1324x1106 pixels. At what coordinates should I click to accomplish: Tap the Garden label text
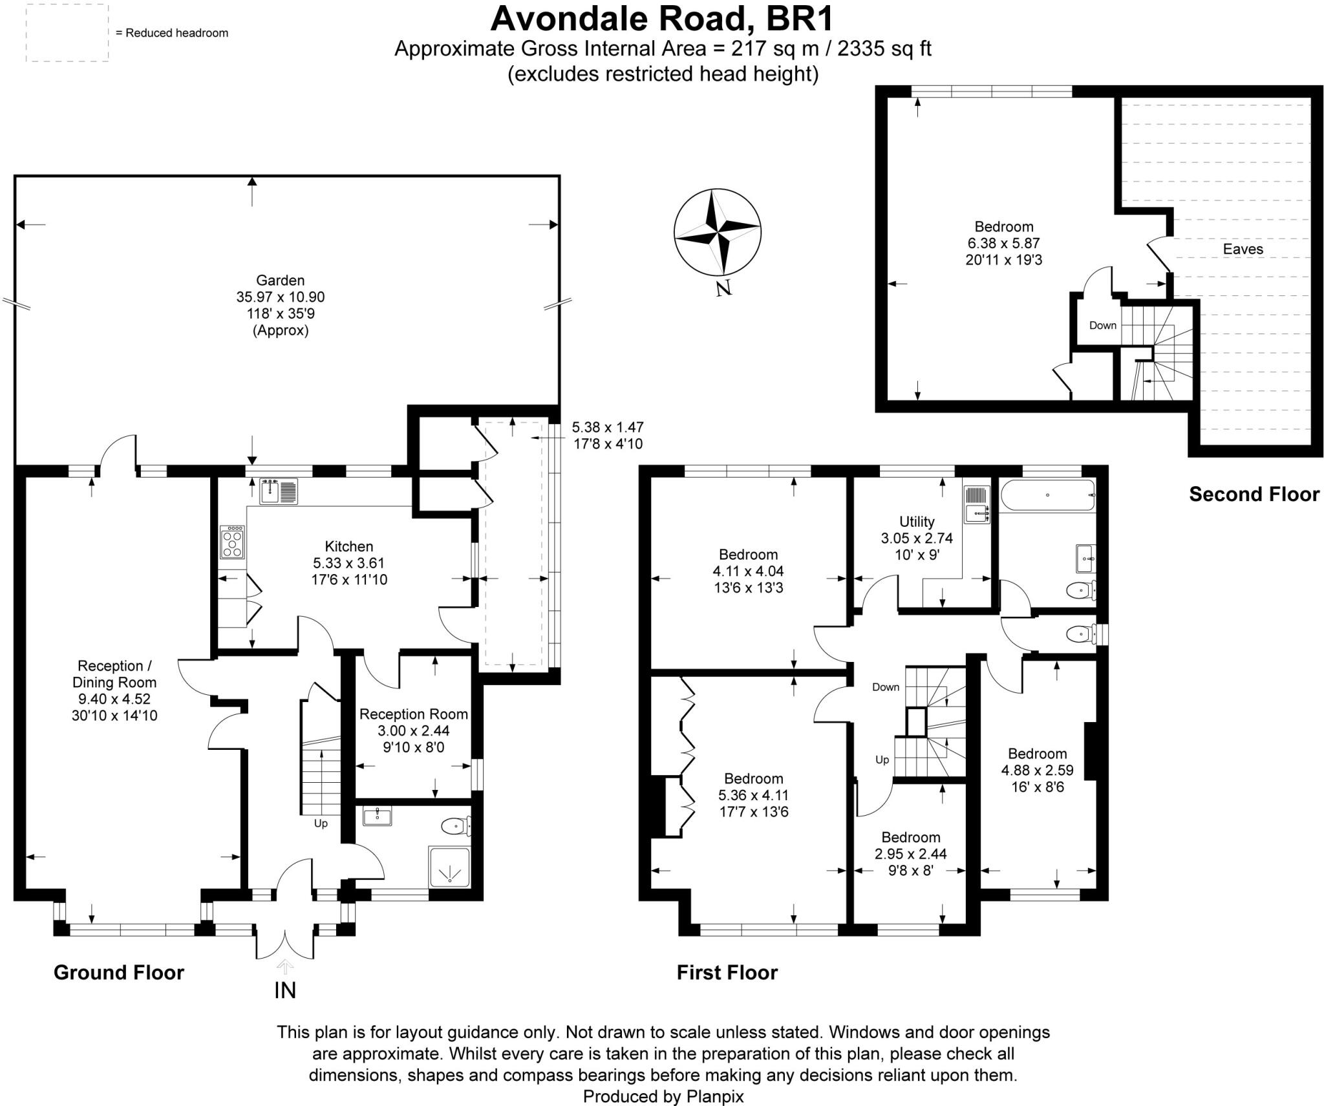coord(280,281)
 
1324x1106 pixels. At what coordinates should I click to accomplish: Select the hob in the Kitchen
coord(233,542)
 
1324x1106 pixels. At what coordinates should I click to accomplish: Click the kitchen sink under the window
coord(279,492)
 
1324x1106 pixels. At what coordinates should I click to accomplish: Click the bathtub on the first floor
coord(1047,496)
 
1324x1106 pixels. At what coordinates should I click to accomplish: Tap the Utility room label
coord(917,522)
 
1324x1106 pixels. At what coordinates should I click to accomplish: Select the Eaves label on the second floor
coord(1243,249)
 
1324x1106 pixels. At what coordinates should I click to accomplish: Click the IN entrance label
coord(285,990)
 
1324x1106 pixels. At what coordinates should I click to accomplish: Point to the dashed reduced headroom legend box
coord(67,33)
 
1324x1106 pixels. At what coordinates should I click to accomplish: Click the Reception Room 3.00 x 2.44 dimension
coord(414,731)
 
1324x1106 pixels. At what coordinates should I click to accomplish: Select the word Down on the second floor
coord(1102,325)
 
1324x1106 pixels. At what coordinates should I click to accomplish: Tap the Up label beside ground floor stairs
coord(321,824)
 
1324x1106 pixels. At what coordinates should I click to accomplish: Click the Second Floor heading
coord(1254,495)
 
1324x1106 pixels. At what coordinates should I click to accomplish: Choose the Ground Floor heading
coord(119,972)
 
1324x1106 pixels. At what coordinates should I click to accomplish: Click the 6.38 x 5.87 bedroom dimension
coord(1003,244)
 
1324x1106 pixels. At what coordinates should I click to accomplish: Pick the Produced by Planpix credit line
coord(663,1096)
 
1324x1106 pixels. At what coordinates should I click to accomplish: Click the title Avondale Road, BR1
coord(662,18)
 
